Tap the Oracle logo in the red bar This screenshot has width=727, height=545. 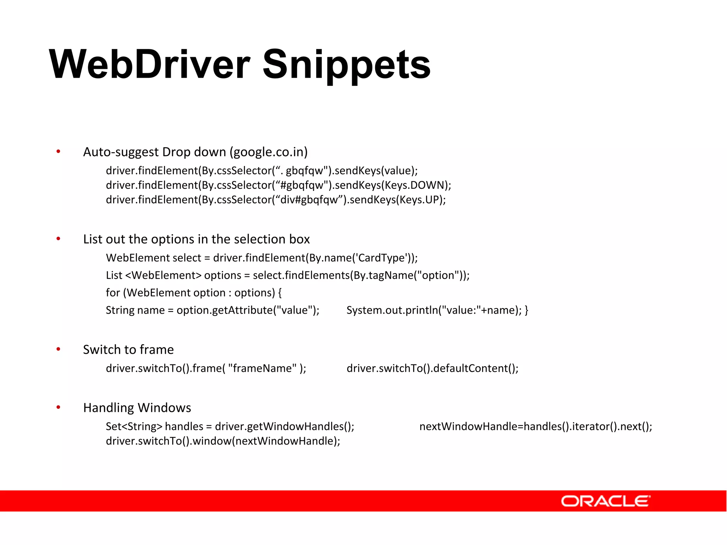[x=605, y=501]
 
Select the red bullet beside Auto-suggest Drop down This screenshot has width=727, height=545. [x=58, y=152]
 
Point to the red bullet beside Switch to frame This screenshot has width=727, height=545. [x=58, y=349]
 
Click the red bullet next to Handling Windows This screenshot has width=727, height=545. [x=58, y=407]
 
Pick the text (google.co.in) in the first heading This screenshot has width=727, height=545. [x=269, y=152]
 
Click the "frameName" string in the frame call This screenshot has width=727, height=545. [x=262, y=368]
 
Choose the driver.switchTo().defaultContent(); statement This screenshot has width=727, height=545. [x=432, y=368]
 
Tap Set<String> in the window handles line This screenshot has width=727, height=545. [x=134, y=426]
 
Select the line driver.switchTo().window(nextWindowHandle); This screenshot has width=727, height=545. [x=223, y=441]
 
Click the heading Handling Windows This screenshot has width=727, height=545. [x=137, y=408]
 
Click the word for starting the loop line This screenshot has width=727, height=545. [x=113, y=293]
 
